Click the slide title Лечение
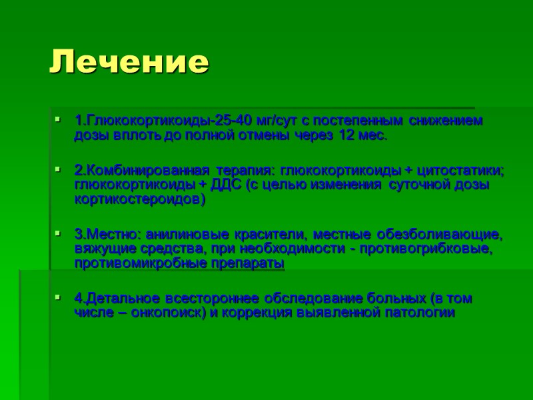click(130, 62)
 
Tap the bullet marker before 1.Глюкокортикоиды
click(59, 121)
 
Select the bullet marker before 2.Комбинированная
click(59, 170)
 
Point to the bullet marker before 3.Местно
click(59, 234)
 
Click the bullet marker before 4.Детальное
click(59, 297)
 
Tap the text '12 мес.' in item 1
click(362, 136)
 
